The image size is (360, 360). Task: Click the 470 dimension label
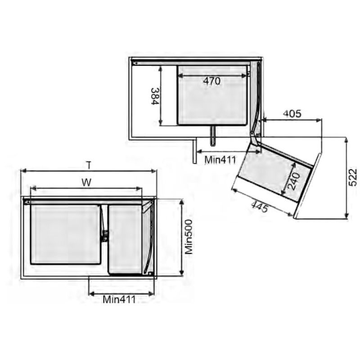[211, 81]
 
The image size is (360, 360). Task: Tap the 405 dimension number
[292, 113]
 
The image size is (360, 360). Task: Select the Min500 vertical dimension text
[189, 237]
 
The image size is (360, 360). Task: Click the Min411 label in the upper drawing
[220, 159]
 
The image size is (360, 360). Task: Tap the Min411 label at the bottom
[119, 299]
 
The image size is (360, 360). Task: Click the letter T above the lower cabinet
[89, 165]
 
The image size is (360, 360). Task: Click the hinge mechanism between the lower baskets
[104, 235]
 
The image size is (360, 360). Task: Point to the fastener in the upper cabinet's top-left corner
[135, 63]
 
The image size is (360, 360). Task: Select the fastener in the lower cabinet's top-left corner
[28, 202]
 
